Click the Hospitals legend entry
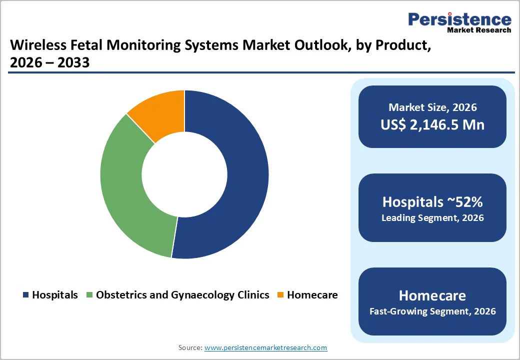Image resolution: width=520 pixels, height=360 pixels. (54, 295)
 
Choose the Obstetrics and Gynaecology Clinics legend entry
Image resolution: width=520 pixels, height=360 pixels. (182, 295)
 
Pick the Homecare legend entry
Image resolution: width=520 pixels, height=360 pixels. (312, 295)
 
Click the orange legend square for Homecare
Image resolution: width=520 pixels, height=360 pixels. (281, 295)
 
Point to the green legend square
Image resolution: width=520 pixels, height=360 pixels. (90, 295)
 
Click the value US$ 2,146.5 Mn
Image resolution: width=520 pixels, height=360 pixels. (432, 124)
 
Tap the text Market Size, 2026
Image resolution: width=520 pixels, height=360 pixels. (432, 107)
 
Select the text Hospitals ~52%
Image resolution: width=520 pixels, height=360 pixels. (432, 201)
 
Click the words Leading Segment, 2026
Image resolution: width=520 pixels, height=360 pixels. (432, 218)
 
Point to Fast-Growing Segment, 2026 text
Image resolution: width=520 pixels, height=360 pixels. (432, 311)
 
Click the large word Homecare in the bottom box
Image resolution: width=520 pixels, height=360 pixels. (432, 295)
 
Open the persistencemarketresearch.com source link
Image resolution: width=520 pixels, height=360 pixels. (265, 347)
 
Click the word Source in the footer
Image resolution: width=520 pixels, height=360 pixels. (190, 347)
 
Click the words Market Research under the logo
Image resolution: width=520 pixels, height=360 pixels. (479, 30)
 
